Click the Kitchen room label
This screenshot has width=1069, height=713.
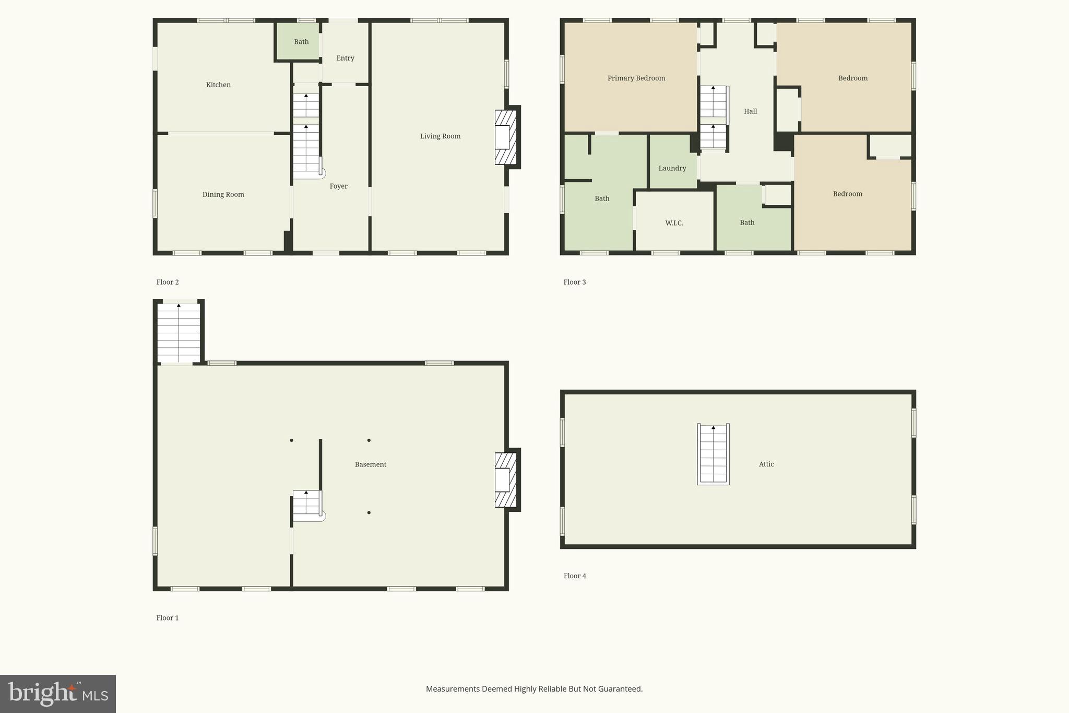point(218,85)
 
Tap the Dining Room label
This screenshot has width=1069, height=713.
point(223,194)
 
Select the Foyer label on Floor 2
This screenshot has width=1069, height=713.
point(338,186)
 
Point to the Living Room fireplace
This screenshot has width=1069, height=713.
point(505,137)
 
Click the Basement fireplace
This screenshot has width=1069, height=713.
point(505,480)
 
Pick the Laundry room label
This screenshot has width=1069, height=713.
point(672,168)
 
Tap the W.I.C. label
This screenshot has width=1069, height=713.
point(674,223)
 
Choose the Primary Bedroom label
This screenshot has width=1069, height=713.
point(636,78)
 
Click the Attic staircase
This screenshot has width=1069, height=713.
point(713,454)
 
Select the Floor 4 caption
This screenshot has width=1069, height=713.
point(575,576)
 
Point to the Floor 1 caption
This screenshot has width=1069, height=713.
point(168,617)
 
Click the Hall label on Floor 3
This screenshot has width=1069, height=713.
point(750,111)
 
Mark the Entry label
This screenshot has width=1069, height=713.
point(345,58)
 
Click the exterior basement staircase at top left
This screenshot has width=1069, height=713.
point(179,332)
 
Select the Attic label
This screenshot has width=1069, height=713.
point(766,464)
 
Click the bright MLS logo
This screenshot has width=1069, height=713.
point(58,694)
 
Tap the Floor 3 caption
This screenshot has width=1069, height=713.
point(574,282)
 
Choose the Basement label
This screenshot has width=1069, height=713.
point(370,464)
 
